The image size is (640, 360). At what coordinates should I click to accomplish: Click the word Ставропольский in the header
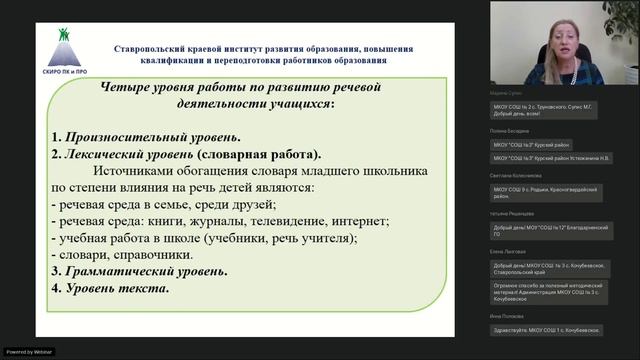tap(166, 48)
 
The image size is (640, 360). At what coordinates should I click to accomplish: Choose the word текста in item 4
tap(143, 288)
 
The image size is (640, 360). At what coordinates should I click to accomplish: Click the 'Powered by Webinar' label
tap(31, 351)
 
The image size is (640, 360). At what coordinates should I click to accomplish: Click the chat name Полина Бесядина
tap(511, 131)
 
